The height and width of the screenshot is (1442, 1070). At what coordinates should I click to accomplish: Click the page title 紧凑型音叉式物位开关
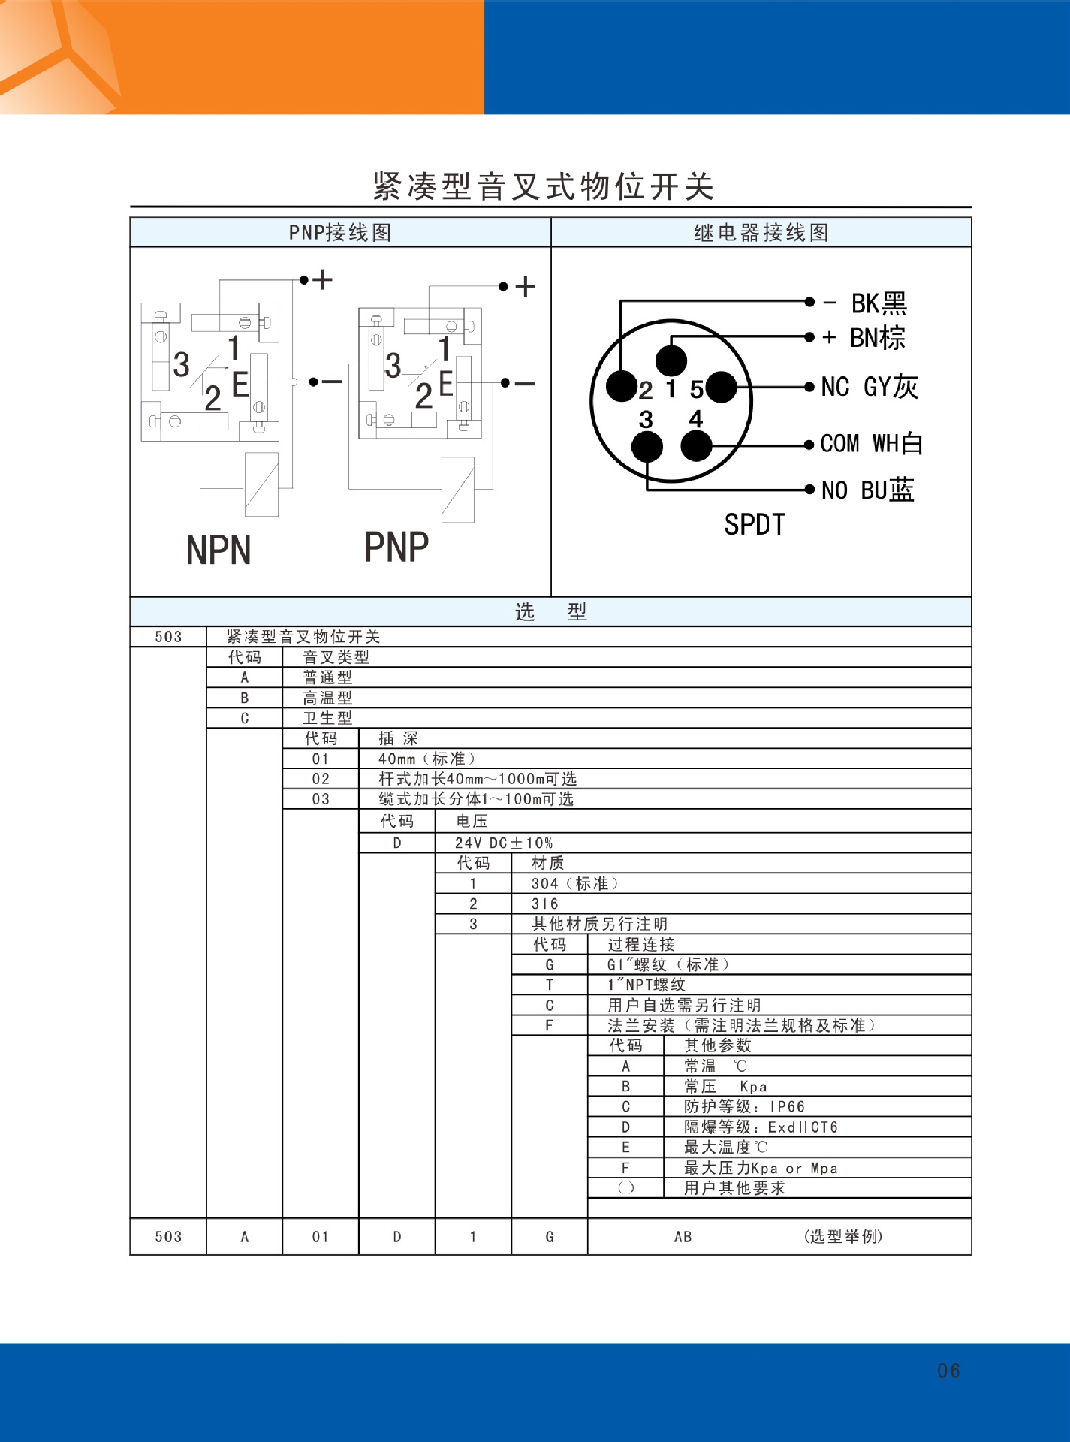(x=543, y=186)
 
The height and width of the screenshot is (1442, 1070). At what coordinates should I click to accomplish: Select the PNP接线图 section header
(x=340, y=233)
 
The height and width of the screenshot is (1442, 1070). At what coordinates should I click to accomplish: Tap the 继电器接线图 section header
(x=761, y=233)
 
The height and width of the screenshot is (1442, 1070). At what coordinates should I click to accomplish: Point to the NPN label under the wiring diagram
(x=219, y=550)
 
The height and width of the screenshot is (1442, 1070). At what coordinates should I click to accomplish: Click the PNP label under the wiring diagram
(x=396, y=547)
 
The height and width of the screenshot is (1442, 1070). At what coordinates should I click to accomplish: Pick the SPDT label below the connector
(x=755, y=524)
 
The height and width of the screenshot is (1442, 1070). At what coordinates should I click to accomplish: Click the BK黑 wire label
(x=879, y=303)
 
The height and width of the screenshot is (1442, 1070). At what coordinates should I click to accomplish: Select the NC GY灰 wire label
(x=870, y=387)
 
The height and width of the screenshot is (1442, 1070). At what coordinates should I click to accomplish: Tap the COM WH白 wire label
(x=871, y=444)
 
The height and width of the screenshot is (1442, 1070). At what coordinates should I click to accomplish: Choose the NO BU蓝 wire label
(x=867, y=490)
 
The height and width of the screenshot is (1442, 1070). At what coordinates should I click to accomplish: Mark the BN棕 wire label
(x=877, y=338)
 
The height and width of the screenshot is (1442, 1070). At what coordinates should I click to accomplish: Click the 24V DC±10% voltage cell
(x=504, y=843)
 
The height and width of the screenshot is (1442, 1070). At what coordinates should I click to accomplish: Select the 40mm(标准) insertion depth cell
(x=426, y=759)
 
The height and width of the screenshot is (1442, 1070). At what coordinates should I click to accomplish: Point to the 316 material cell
(x=544, y=904)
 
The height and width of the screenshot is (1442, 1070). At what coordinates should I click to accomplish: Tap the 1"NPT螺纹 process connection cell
(x=647, y=985)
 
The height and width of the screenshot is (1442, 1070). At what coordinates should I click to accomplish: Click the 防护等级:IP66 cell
(x=744, y=1107)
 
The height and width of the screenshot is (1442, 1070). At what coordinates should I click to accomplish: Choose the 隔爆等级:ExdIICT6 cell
(x=761, y=1127)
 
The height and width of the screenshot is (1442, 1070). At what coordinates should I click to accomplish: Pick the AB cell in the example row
(x=683, y=1237)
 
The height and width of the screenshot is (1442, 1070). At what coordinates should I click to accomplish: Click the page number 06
(x=948, y=1371)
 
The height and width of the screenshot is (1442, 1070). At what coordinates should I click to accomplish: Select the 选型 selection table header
(x=550, y=612)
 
